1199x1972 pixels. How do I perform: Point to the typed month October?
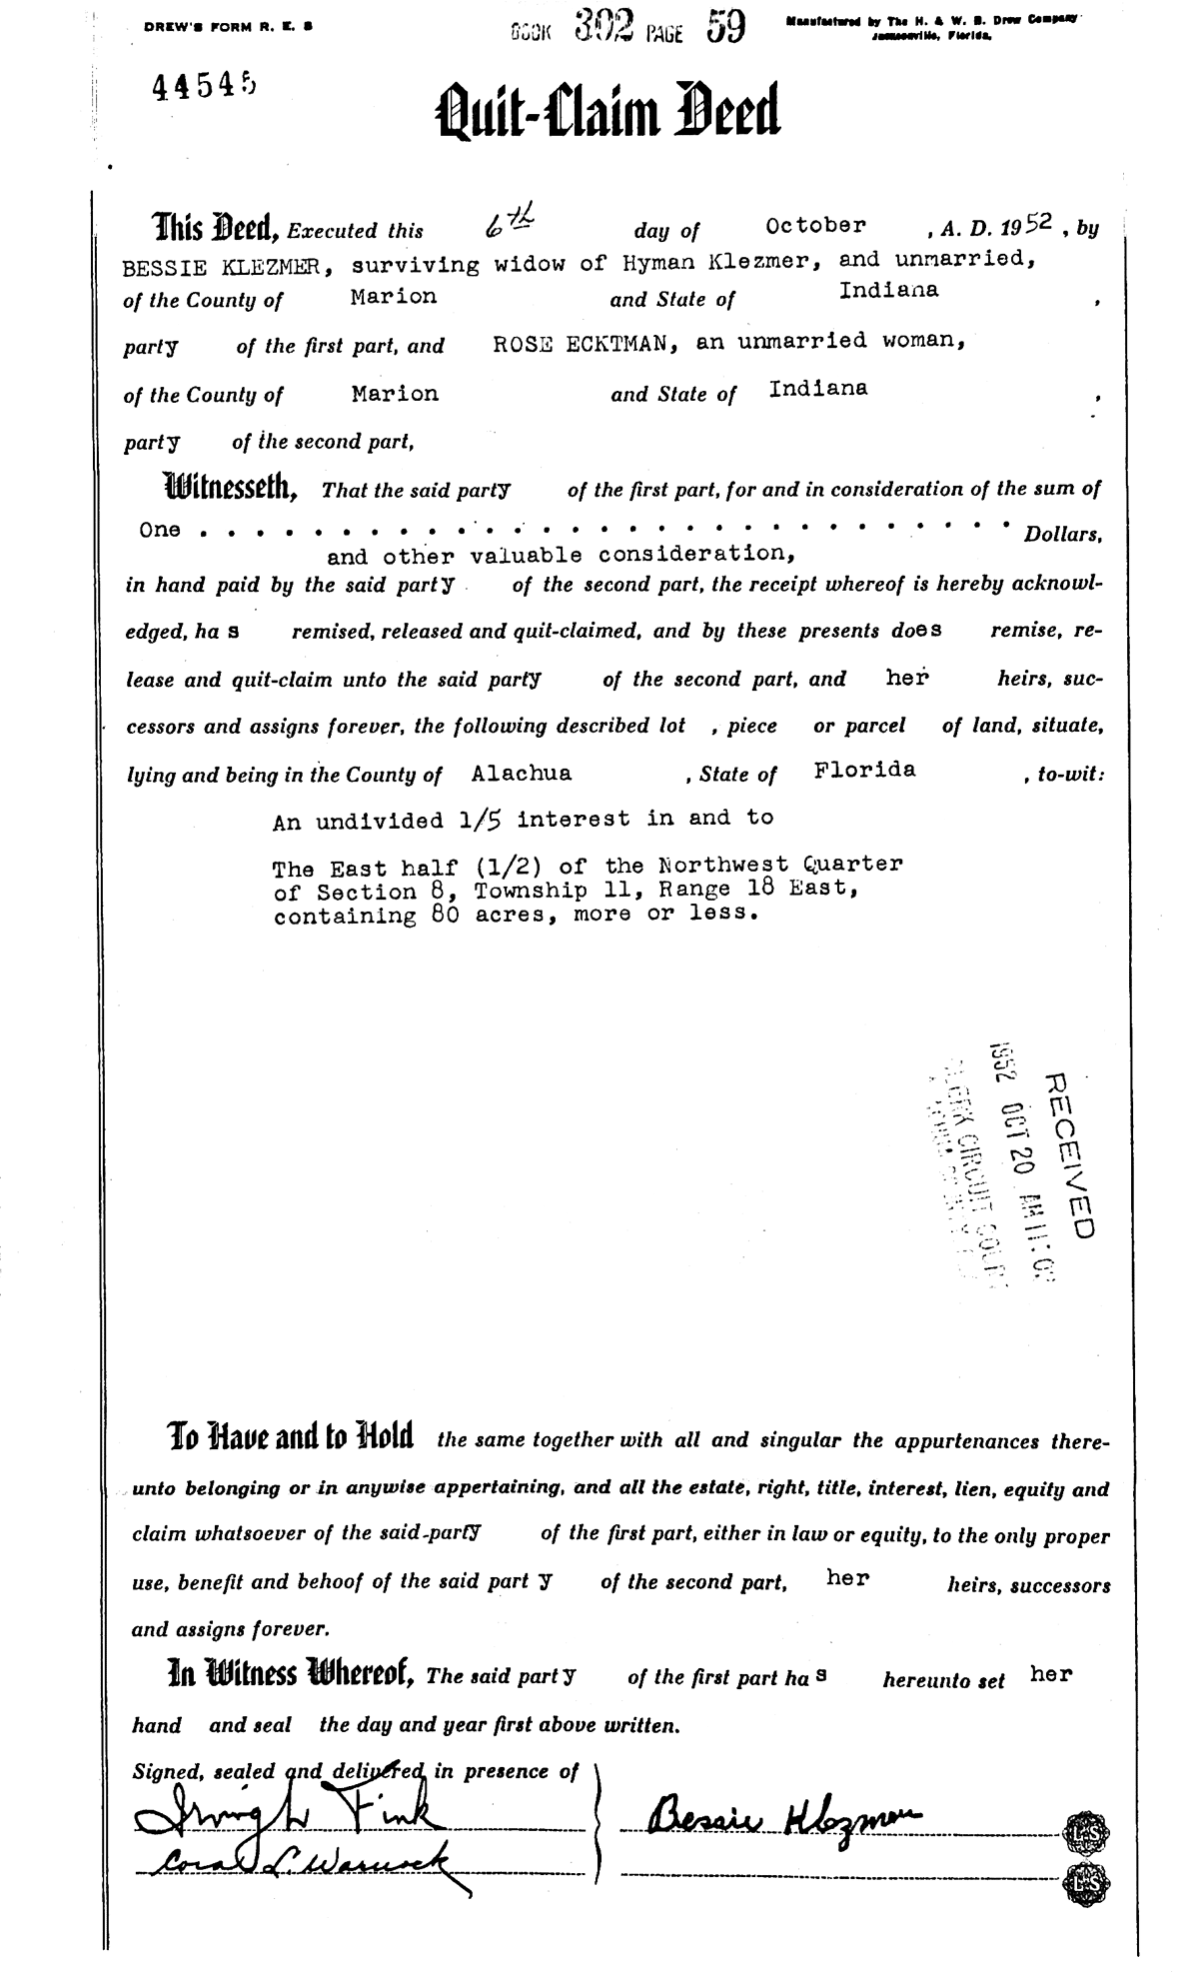pyautogui.click(x=815, y=226)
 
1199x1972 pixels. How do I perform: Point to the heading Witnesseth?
pyautogui.click(x=229, y=489)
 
